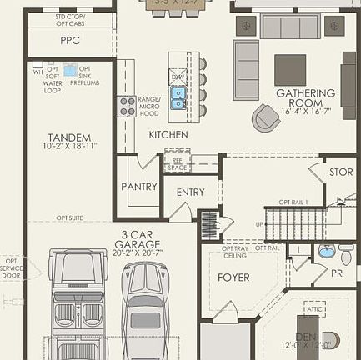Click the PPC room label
point(69,40)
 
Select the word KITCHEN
point(168,134)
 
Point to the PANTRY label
point(138,187)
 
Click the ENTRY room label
point(190,192)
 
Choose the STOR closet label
point(340,172)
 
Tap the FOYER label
point(233,277)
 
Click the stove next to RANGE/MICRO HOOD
point(127,105)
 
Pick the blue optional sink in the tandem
point(69,70)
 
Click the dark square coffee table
point(290,70)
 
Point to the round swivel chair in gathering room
point(266,117)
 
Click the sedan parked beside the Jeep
point(145,308)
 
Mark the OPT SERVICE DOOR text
point(11,267)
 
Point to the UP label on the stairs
point(259,224)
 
